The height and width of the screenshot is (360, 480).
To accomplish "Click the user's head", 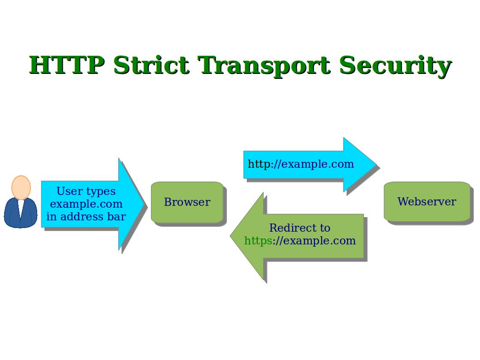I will pos(21,187).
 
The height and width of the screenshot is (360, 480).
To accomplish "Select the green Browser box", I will pos(187,202).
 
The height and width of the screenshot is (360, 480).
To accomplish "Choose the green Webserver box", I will pos(426,202).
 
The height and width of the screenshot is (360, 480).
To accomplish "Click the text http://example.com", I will pos(300,164).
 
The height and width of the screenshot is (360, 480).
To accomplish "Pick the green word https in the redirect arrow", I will pos(258,241).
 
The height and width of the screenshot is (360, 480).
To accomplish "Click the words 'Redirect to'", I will pos(299,228).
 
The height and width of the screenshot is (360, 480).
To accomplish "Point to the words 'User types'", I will pos(86,191).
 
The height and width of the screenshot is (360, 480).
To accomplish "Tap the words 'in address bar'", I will pos(86,217).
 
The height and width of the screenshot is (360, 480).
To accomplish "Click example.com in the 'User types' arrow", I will pos(86,204).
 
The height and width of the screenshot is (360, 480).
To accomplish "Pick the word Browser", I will pos(187,202).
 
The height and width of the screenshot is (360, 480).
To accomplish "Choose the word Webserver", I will pos(426,202).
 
